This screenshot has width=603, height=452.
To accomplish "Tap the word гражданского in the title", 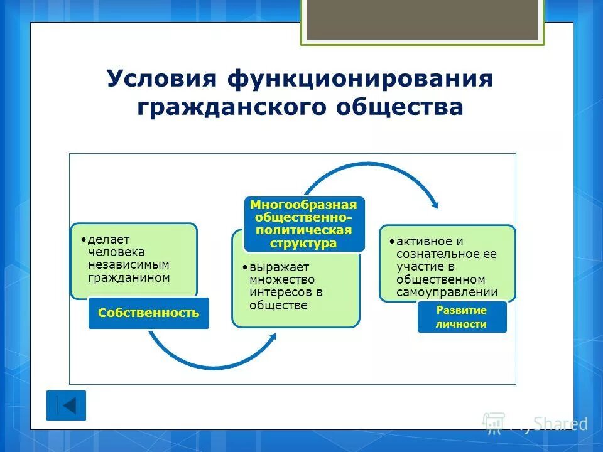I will point(232,107).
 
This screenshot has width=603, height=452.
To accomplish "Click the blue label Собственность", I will point(148,313).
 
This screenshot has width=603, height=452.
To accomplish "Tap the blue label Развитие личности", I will point(462,317).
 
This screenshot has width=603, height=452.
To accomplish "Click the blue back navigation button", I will point(66,406).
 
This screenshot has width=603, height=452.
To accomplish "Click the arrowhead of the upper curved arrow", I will point(434,205).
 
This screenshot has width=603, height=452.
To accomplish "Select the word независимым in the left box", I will point(129,264).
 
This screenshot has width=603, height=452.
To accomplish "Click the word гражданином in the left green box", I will point(129,277).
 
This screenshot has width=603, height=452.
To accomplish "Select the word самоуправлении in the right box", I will point(447,292).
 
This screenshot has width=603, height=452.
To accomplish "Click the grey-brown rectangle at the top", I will point(422,19).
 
